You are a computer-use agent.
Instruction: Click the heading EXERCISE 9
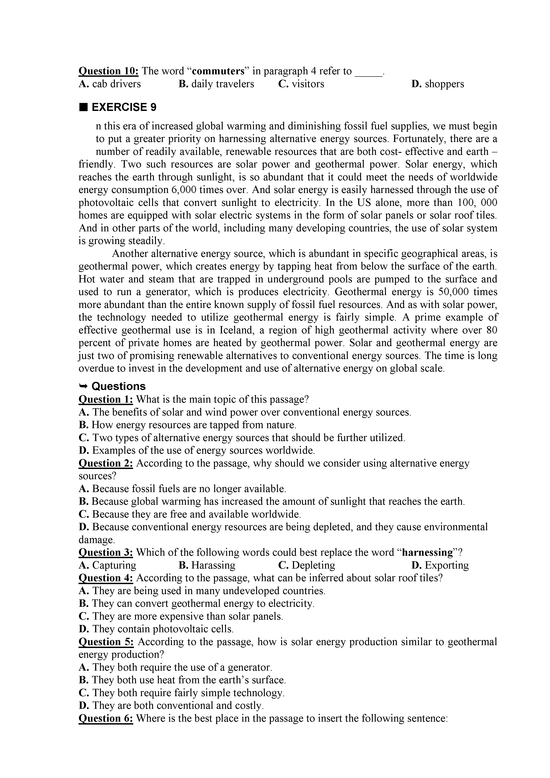124,107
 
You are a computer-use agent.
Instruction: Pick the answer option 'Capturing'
108,565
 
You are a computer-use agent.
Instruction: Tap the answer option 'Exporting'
440,565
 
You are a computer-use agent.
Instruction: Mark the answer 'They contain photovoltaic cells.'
157,629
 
